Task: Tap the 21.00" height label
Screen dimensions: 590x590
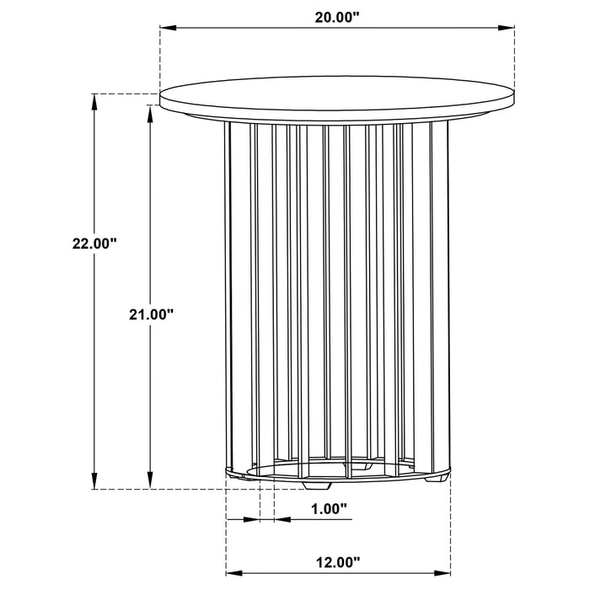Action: (151, 314)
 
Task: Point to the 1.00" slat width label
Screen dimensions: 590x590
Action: (328, 508)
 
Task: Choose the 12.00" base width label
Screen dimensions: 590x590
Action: (336, 560)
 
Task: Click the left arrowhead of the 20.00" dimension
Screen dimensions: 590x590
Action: (166, 29)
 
